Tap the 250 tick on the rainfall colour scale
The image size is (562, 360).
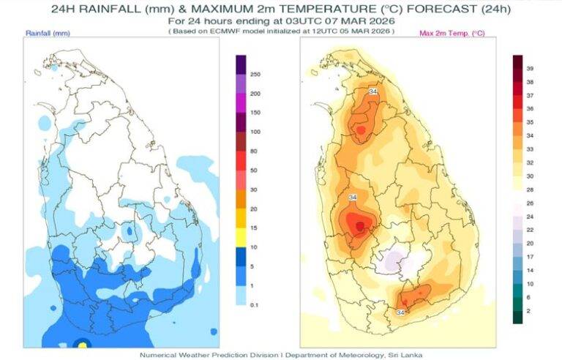coord(255,75)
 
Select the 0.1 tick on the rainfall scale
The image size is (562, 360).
coord(255,303)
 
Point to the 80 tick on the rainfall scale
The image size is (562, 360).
coord(254,151)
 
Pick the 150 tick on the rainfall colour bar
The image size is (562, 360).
coord(255,113)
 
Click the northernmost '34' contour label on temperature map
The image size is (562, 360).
coord(372,91)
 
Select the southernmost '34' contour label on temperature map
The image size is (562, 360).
coord(400,312)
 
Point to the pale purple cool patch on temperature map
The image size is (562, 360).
coord(394,260)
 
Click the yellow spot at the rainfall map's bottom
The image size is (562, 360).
coord(83,342)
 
